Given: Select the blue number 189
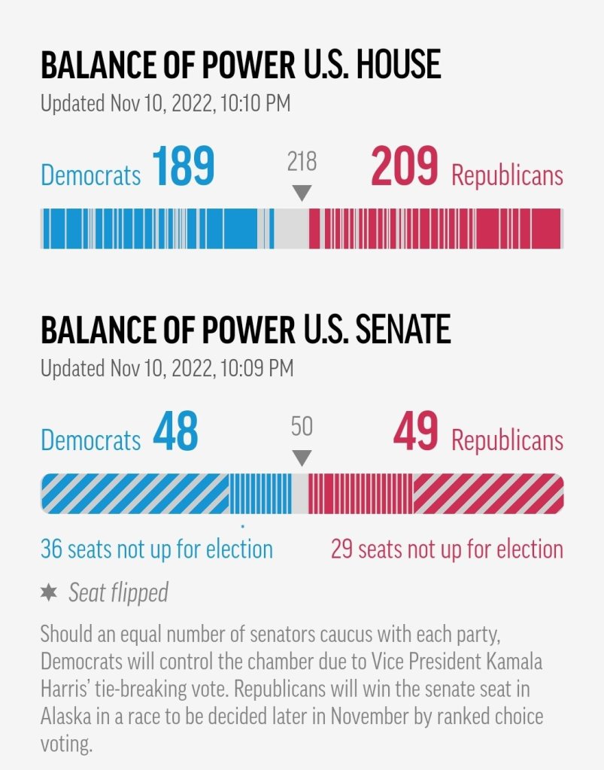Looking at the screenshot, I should [x=183, y=167].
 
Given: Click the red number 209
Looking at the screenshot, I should [x=404, y=167].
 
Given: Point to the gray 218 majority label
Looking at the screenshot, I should [x=302, y=161].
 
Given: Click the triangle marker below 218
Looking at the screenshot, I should [x=302, y=193].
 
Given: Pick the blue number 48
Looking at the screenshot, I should [x=175, y=432].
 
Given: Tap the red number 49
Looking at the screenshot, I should [x=415, y=432].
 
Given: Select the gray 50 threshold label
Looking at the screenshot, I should [x=302, y=427].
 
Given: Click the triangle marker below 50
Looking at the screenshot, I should [x=302, y=458].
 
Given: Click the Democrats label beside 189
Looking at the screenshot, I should [x=90, y=175].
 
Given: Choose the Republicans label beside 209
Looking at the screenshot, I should [x=507, y=175].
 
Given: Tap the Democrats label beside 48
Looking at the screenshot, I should [x=90, y=440].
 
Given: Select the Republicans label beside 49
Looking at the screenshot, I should [x=507, y=440].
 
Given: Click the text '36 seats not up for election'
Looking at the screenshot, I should [x=156, y=549].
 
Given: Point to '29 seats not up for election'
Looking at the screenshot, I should [x=447, y=549].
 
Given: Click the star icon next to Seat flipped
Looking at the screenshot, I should [x=48, y=592].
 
